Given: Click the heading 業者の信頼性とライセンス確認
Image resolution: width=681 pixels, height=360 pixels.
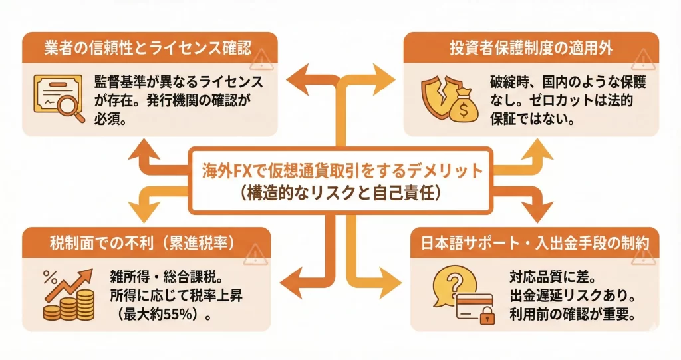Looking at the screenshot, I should point(140,49).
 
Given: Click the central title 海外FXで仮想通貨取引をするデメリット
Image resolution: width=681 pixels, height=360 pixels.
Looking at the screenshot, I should point(340,171).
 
